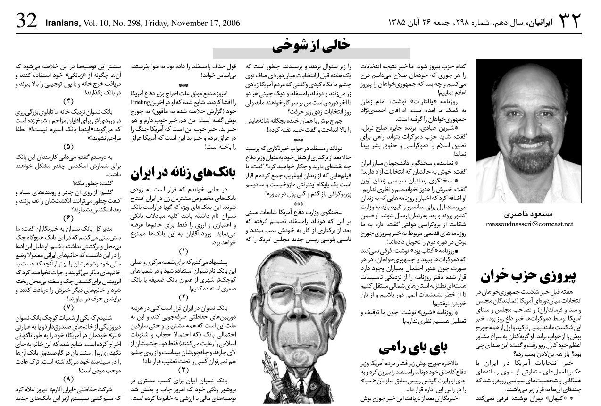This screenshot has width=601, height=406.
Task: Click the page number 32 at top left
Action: pyautogui.click(x=27, y=20)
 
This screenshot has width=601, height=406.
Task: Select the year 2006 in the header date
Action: pyautogui.click(x=231, y=22)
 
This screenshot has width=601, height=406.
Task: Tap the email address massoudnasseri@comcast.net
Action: pyautogui.click(x=529, y=224)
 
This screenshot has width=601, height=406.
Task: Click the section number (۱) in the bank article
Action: pyautogui.click(x=183, y=251)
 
